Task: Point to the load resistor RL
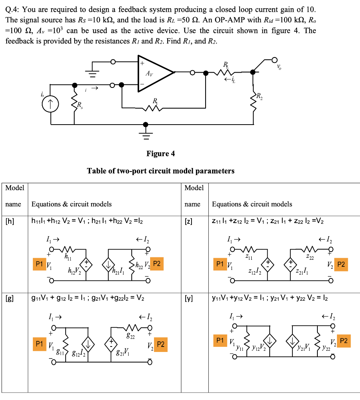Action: [x=226, y=72]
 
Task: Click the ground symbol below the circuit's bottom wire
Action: [x=146, y=134]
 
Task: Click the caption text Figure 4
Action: [x=160, y=154]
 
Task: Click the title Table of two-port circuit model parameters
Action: [x=160, y=171]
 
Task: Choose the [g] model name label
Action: [x=10, y=299]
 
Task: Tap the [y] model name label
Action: [x=189, y=299]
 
